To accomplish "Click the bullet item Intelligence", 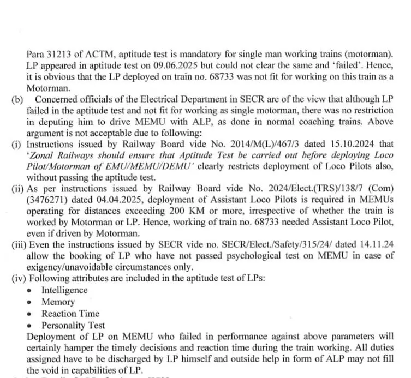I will pyautogui.click(x=64, y=290).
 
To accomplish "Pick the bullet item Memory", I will pyautogui.click(x=58, y=302).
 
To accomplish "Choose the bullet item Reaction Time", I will pyautogui.click(x=70, y=313).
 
